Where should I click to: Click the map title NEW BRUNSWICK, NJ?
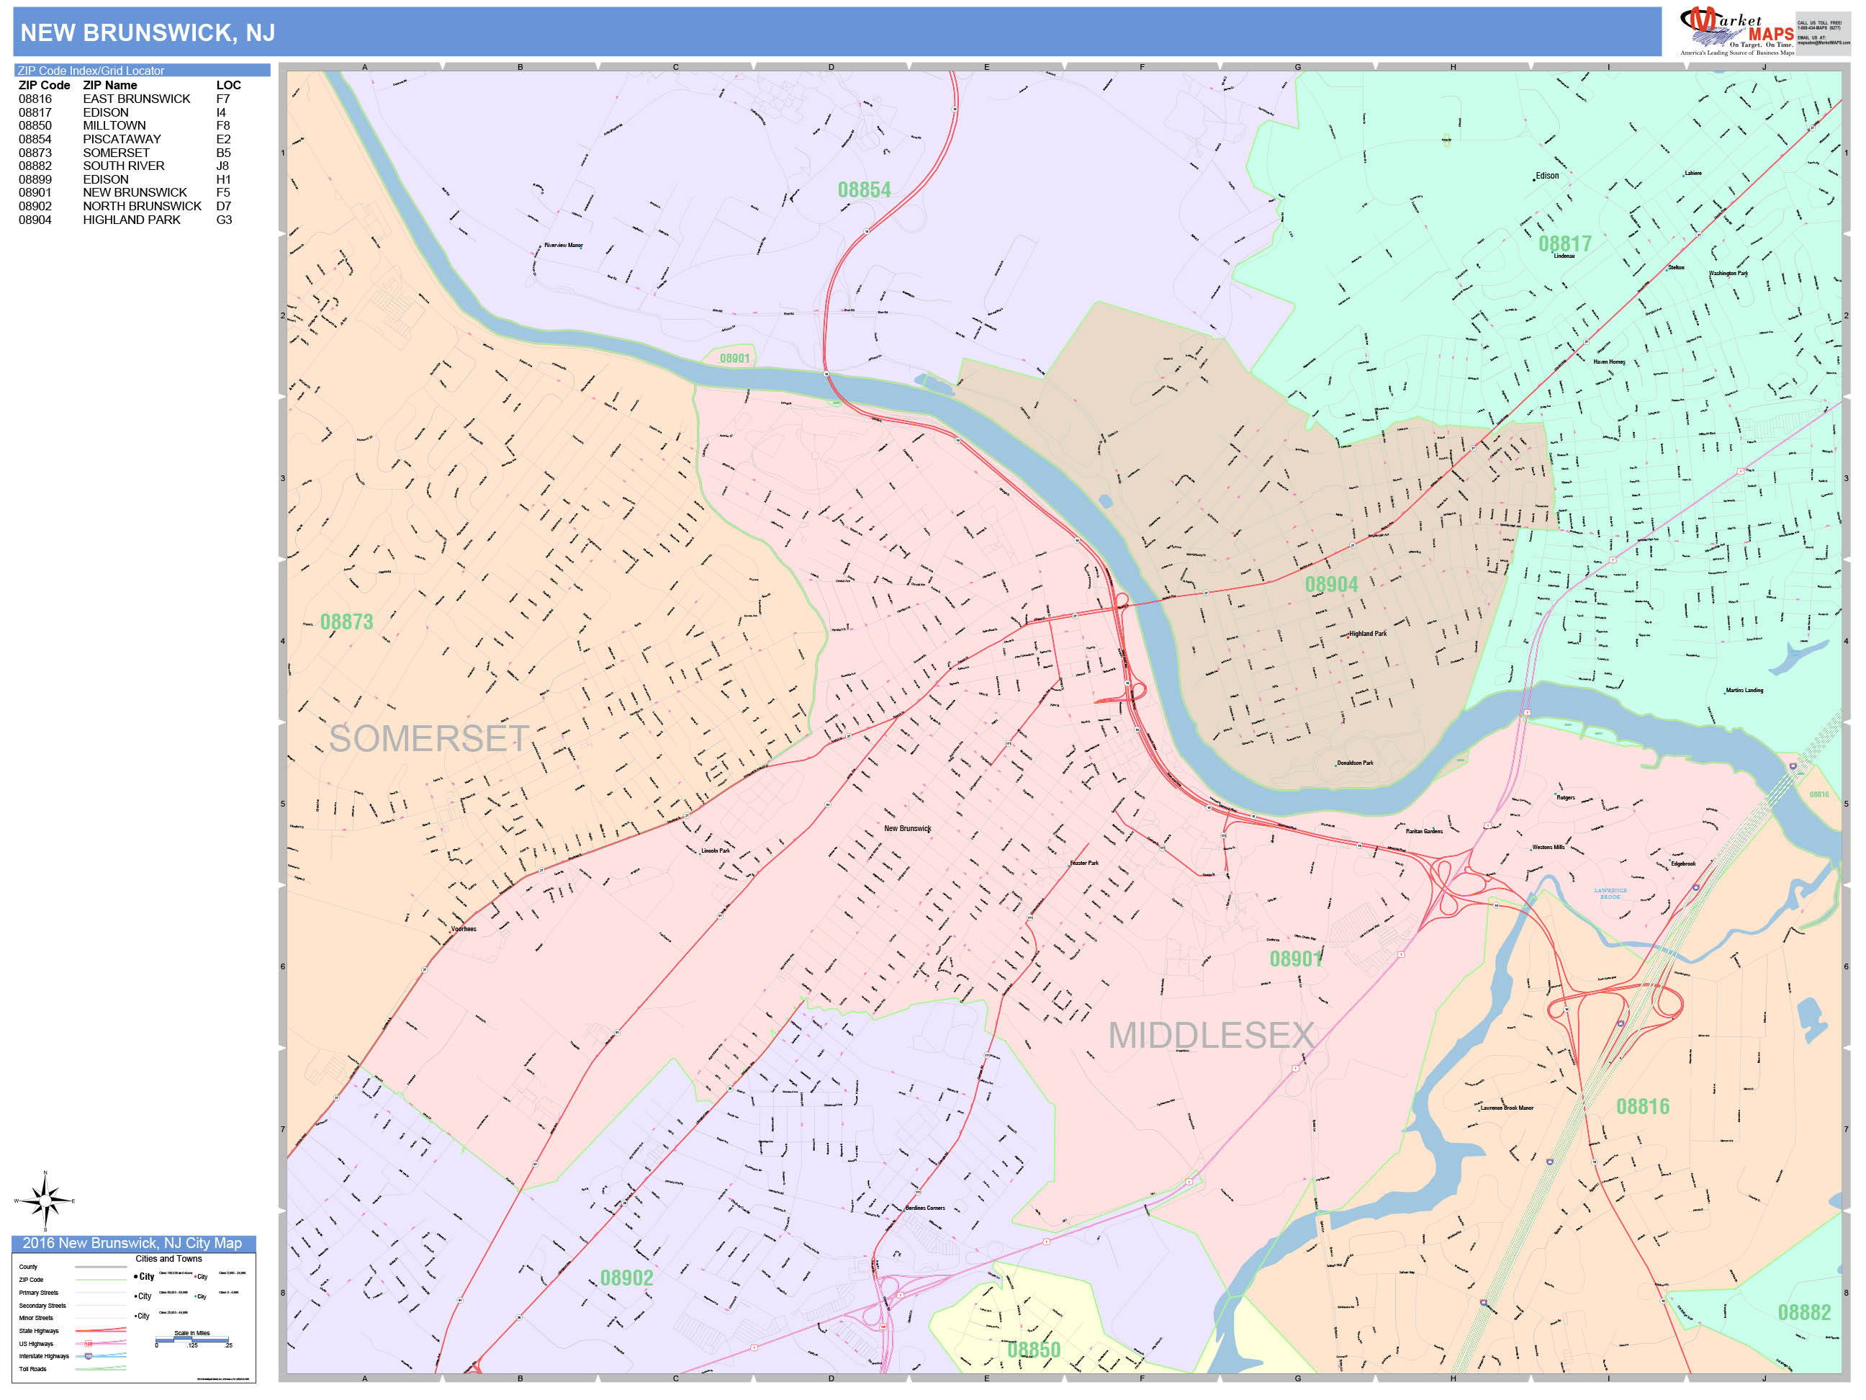click(148, 33)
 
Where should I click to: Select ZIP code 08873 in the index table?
click(35, 153)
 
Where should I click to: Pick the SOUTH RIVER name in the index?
click(123, 166)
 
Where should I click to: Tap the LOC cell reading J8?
click(222, 166)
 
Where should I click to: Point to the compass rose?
click(45, 1200)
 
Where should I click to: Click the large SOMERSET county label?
click(428, 739)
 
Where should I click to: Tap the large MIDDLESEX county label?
click(1211, 1036)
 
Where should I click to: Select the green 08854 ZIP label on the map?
click(864, 190)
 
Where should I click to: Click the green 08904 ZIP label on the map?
click(1331, 585)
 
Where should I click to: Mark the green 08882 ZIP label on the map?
click(1803, 1313)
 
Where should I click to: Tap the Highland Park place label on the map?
click(1367, 634)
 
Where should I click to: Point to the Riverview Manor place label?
click(563, 246)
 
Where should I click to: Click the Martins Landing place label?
click(1744, 691)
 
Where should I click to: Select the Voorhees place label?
click(463, 929)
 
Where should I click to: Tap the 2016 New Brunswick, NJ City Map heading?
click(132, 1243)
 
